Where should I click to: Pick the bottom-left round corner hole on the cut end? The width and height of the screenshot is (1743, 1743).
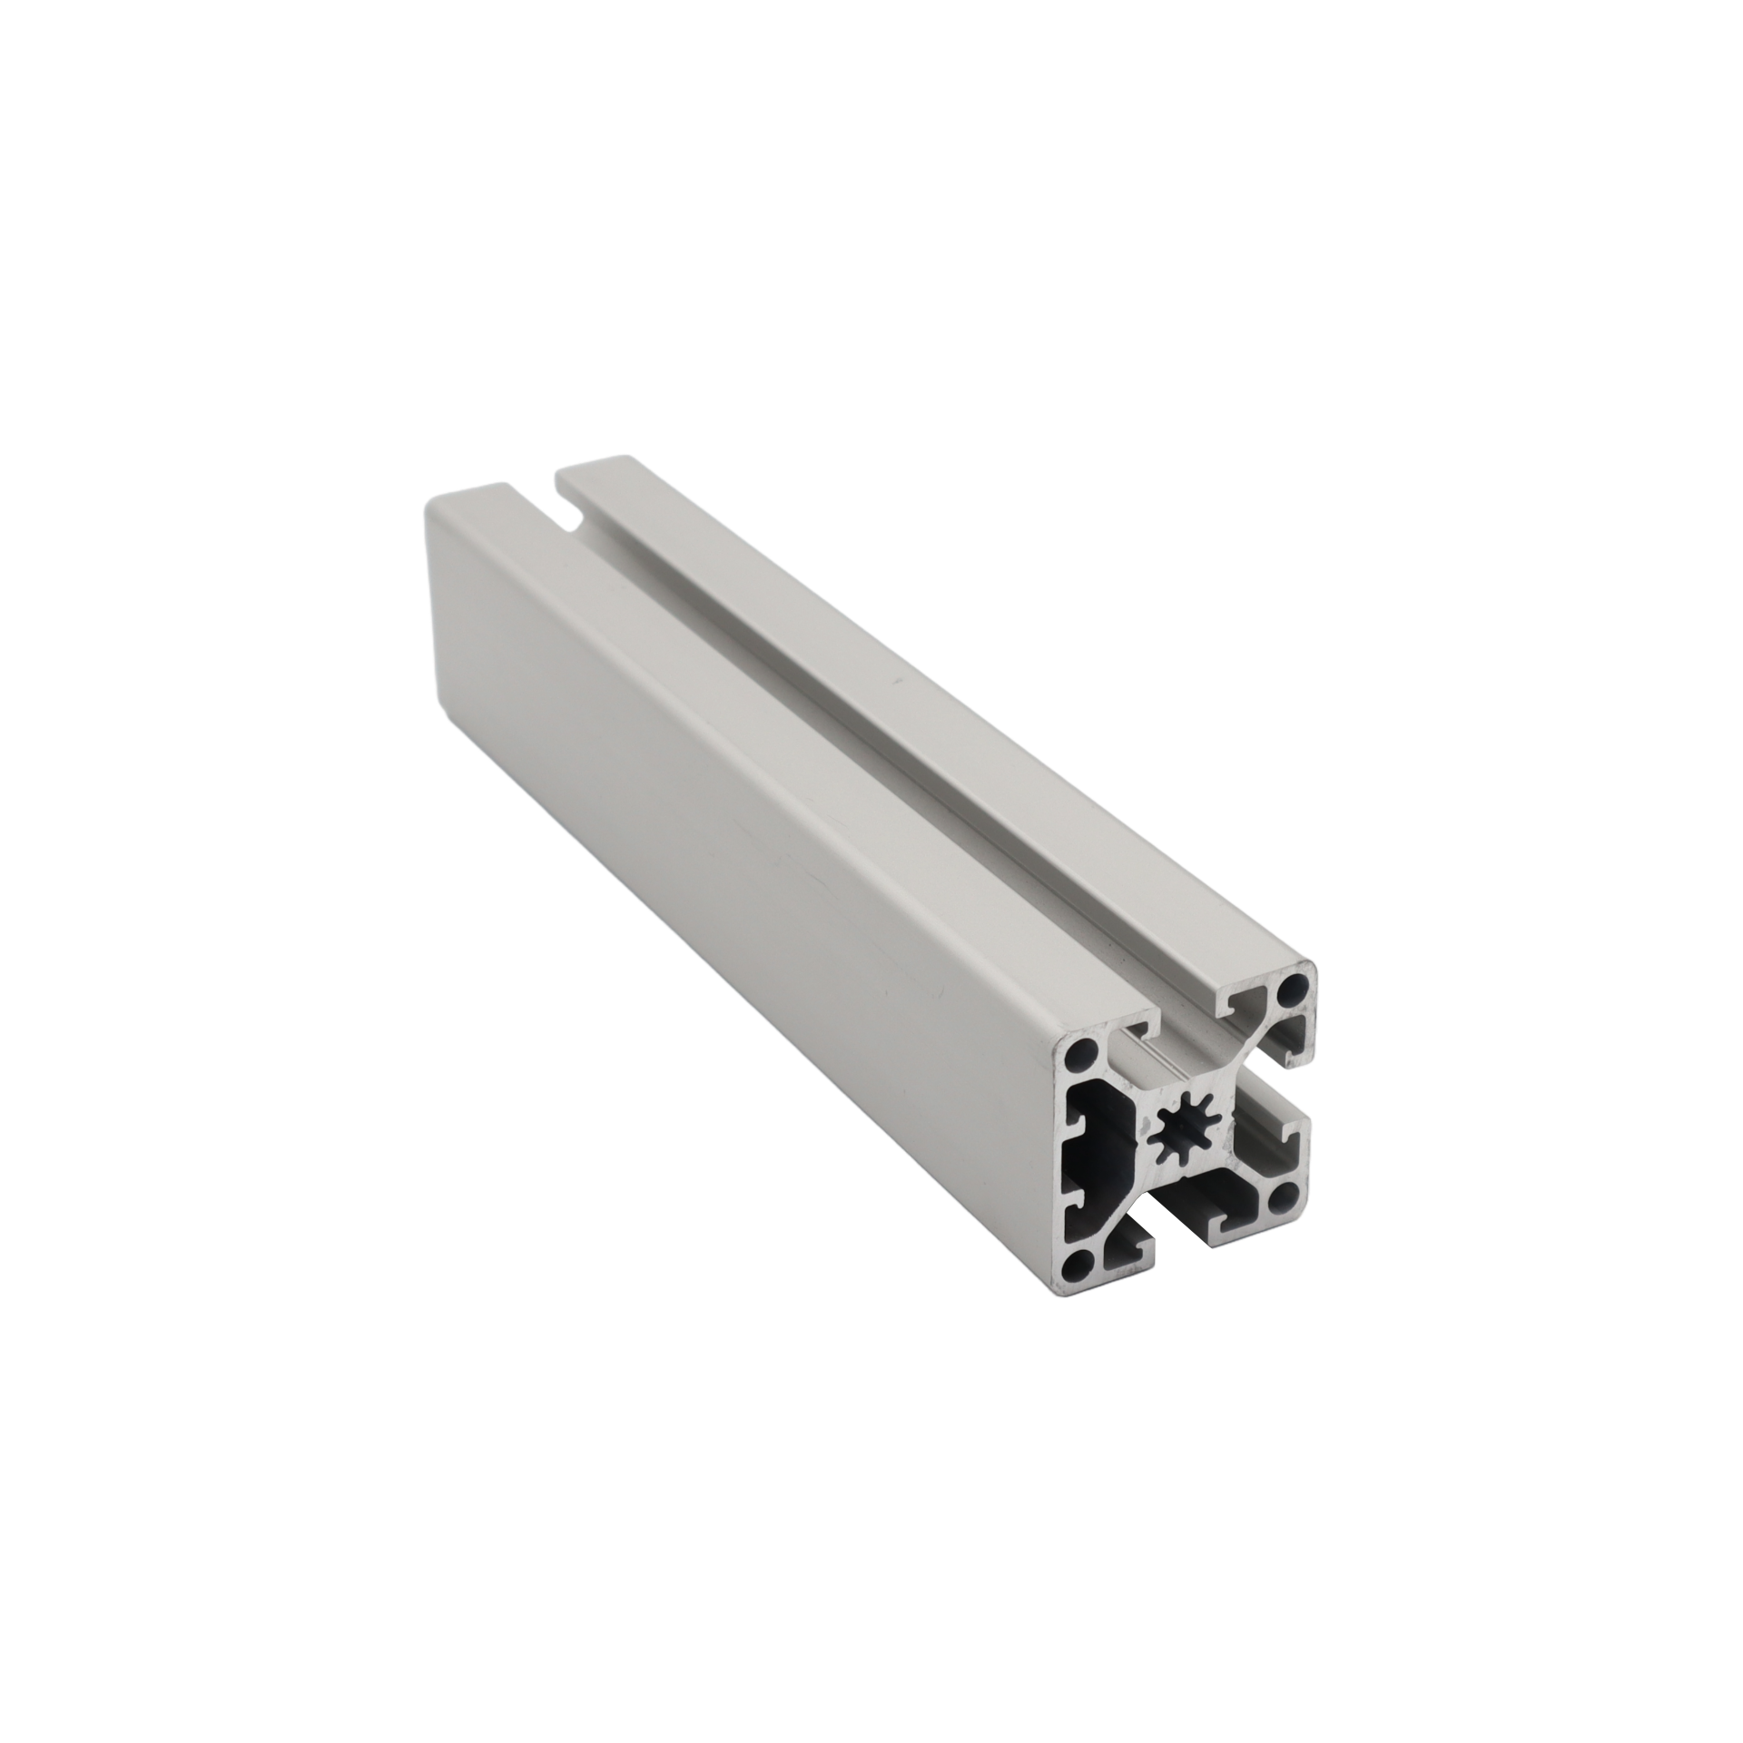coord(1078,1262)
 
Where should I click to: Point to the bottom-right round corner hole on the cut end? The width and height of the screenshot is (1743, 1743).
coord(1285,1199)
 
